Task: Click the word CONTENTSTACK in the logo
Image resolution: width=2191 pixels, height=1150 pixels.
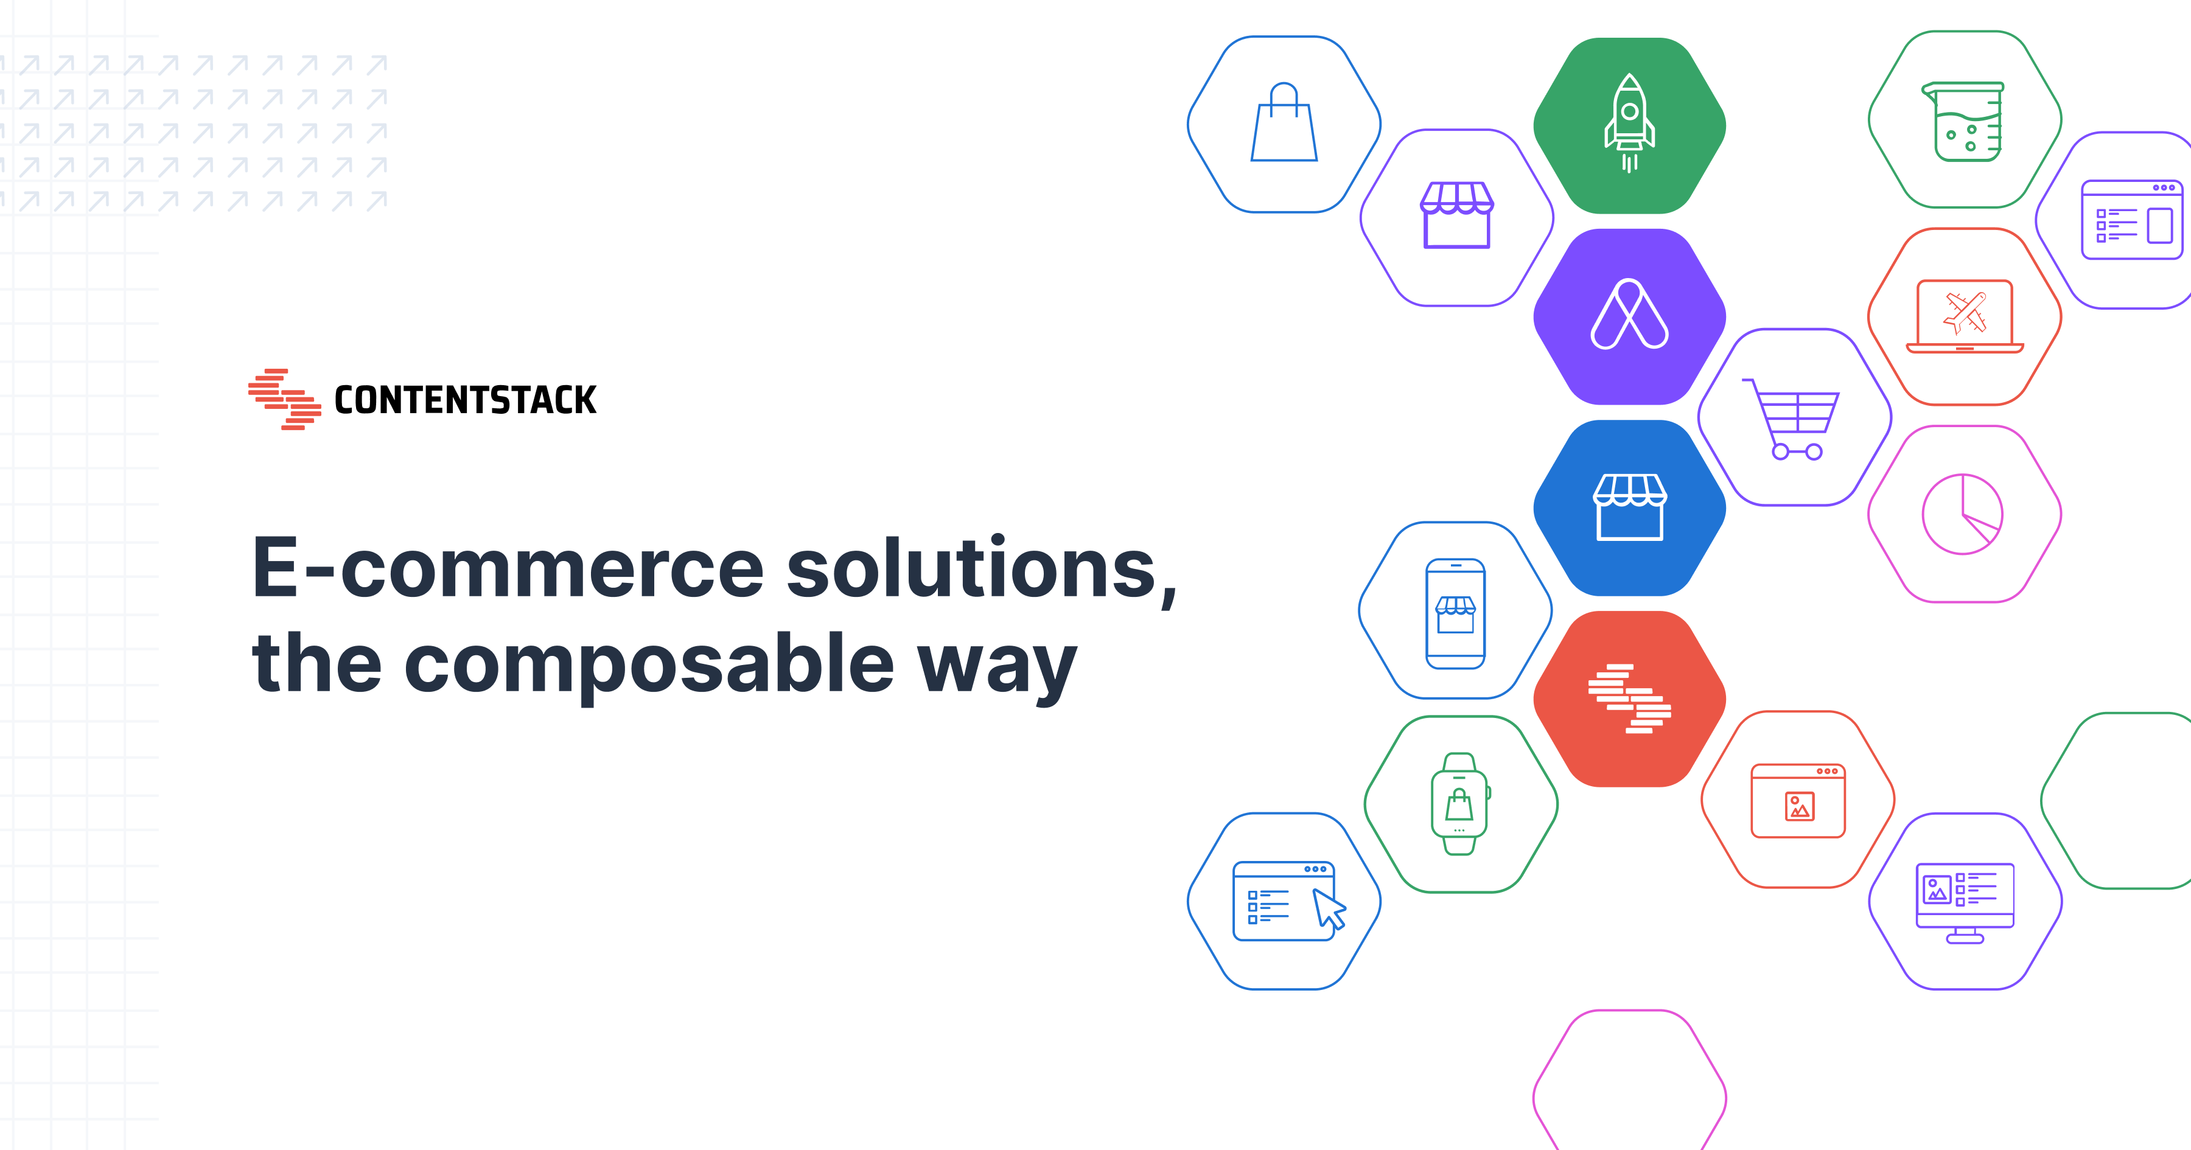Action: pos(465,400)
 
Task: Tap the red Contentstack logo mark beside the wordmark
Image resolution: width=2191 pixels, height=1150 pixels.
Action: pos(284,399)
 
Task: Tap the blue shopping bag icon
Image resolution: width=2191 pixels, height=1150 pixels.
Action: pos(1284,122)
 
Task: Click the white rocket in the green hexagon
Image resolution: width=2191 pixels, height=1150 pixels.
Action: pos(1629,124)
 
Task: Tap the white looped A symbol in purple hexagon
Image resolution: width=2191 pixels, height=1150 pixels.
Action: pos(1629,314)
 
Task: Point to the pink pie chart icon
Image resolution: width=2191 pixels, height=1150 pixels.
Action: pos(1962,514)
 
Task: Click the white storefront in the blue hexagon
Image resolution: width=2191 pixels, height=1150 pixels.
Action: pos(1629,507)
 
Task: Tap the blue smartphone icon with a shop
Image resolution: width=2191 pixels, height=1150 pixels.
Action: pos(1455,613)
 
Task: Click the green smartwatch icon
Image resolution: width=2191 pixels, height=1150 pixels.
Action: pos(1459,804)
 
